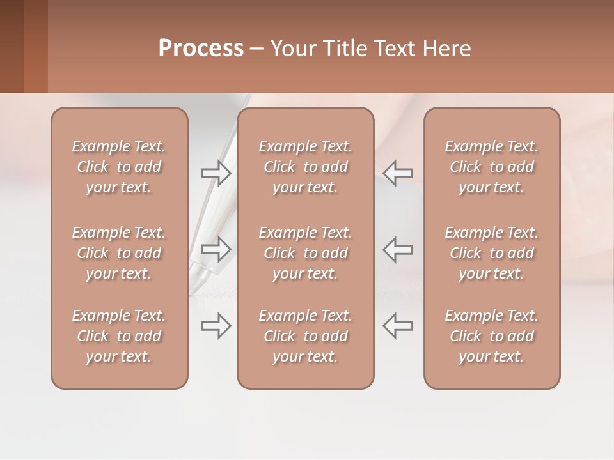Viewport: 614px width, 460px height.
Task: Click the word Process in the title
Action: coord(201,49)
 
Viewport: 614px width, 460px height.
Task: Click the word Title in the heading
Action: coord(344,49)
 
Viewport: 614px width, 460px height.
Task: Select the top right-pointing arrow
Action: coord(216,172)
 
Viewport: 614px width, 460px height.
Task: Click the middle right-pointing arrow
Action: coord(216,249)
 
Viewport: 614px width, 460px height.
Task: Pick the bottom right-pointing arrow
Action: coord(216,326)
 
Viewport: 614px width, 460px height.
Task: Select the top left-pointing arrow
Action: coord(398,172)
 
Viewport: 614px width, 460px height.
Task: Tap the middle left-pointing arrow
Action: coord(398,249)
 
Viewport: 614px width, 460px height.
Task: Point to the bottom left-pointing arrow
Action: coord(398,326)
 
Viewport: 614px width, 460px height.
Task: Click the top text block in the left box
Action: coord(119,167)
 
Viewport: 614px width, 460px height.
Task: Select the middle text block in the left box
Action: coord(119,253)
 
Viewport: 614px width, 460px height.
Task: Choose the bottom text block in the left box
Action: coord(119,336)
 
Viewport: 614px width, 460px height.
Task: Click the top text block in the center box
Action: coord(306,167)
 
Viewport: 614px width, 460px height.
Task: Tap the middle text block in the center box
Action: coord(306,253)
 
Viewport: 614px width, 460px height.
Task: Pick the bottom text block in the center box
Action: coord(306,336)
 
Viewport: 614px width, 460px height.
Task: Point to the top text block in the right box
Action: coord(492,167)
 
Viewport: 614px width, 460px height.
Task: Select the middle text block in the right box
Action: coord(492,253)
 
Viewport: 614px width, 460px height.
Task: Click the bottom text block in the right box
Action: coord(492,336)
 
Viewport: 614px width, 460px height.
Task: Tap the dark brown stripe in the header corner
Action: coord(12,46)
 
